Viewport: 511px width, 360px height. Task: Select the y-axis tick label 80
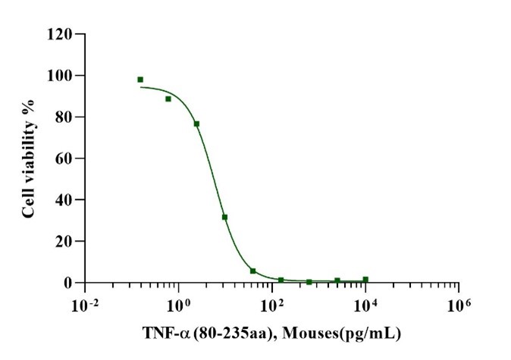64,117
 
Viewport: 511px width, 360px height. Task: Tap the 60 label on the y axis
64,159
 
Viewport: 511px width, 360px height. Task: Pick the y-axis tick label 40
64,200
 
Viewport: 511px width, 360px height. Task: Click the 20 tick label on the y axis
64,242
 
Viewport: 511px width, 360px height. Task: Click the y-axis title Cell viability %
28,158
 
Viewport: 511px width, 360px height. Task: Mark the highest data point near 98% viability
140,80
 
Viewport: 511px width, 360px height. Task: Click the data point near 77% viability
196,124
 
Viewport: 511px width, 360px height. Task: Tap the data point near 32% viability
224,217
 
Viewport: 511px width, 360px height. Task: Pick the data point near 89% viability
168,99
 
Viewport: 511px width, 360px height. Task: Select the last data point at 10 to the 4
365,280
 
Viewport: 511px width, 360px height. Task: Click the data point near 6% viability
252,271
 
